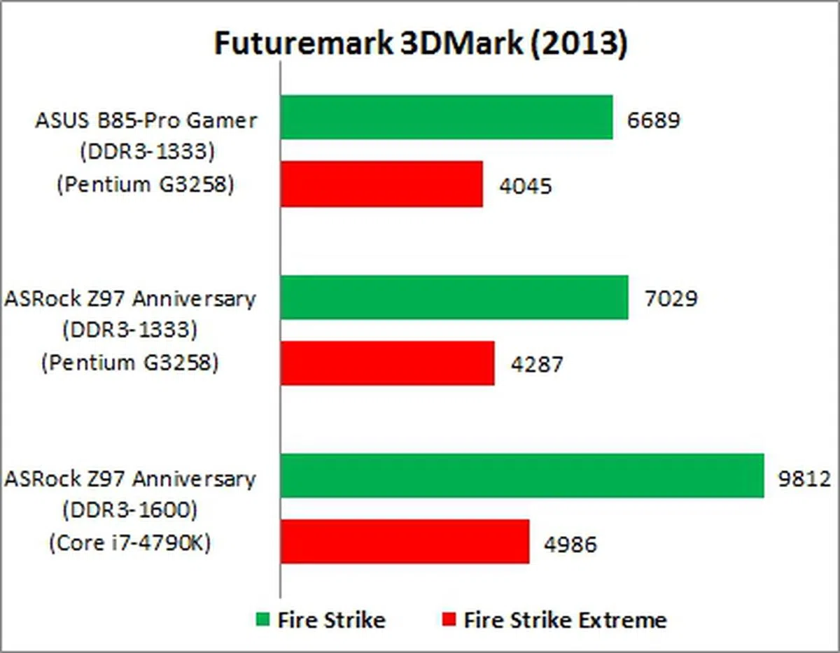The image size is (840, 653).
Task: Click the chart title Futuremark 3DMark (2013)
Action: tap(420, 44)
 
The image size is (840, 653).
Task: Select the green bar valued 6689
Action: tap(447, 118)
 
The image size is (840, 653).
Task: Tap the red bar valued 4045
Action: tap(381, 184)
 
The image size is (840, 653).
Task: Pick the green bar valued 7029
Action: tap(454, 297)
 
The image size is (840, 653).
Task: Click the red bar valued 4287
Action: tap(387, 363)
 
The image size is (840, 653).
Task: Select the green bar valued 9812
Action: tap(522, 475)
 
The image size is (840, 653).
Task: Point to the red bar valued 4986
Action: tap(405, 542)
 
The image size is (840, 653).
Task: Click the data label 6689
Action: tap(654, 120)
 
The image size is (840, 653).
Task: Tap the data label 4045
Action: tap(525, 186)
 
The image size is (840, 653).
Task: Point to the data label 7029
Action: tap(670, 299)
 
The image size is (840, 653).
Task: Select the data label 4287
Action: tap(536, 365)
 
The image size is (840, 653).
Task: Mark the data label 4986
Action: tap(570, 544)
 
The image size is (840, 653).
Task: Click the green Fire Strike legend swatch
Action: tap(262, 620)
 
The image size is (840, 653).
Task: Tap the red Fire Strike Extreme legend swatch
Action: tap(449, 620)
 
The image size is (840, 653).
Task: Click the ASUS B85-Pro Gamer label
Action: tap(146, 120)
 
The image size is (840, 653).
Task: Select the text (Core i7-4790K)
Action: tap(129, 544)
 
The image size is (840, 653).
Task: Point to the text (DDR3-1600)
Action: tap(129, 511)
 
